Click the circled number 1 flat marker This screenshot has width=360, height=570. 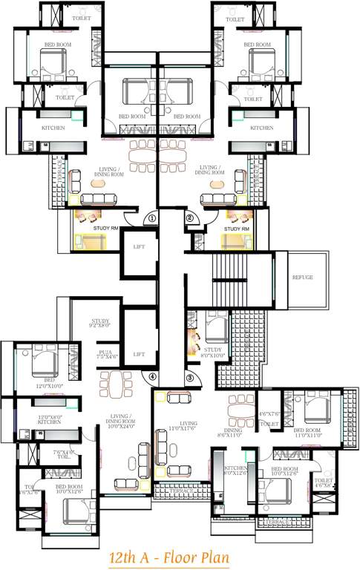tap(151, 218)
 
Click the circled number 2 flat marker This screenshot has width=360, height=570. tap(189, 218)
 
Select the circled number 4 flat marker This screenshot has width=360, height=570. tap(152, 377)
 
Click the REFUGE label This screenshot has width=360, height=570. tap(301, 278)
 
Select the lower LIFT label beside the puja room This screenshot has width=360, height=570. tap(139, 355)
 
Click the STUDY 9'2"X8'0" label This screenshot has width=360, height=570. tap(100, 323)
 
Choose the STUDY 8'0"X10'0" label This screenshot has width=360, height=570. tap(213, 353)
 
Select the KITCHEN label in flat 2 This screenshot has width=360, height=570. tap(261, 128)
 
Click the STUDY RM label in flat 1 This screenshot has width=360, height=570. tap(104, 229)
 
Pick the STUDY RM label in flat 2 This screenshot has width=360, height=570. tap(236, 229)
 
